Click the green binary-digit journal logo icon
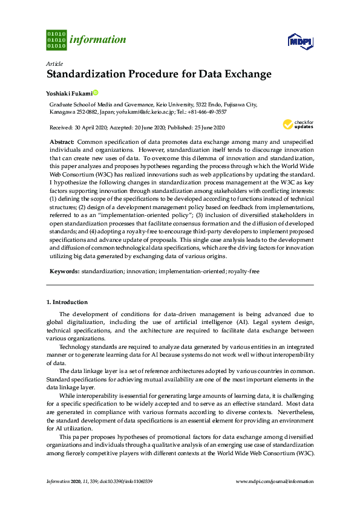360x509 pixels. coord(56,39)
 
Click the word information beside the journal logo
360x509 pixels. coord(98,41)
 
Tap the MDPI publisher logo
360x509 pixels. coord(301,41)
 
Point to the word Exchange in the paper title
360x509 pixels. coord(247,75)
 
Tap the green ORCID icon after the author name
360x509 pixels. coord(95,92)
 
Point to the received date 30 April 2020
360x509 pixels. coord(93,128)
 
